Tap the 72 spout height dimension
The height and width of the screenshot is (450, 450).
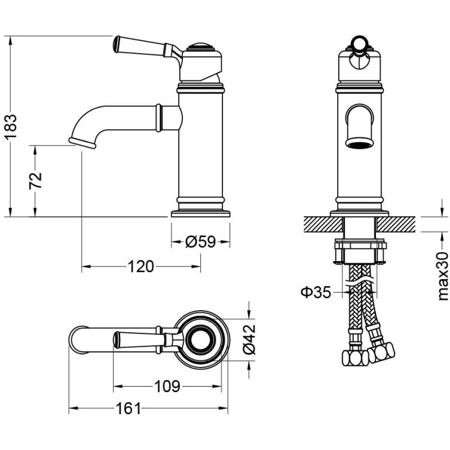(36, 180)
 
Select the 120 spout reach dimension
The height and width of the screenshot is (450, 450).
(140, 266)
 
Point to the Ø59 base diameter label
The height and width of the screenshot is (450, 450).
(200, 241)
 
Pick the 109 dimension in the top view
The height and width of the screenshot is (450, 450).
(167, 386)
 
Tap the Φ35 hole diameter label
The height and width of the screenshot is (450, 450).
(316, 292)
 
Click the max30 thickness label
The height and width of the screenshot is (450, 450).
(442, 275)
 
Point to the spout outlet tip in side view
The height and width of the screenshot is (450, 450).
(82, 142)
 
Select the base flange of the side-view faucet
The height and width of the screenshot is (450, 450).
(200, 212)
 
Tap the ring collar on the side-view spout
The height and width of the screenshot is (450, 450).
(159, 117)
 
